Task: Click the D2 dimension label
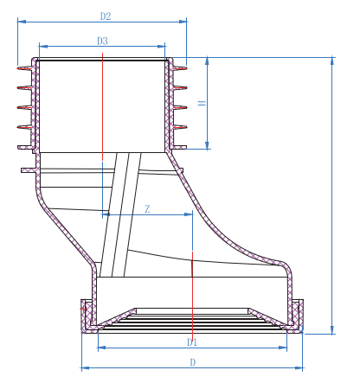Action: [105, 16]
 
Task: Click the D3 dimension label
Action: [102, 41]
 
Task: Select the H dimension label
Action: [201, 103]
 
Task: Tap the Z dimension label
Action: [147, 208]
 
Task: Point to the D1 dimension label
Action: [192, 342]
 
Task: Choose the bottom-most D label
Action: [192, 362]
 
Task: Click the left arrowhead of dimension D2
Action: [20, 22]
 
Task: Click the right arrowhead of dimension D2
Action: [184, 22]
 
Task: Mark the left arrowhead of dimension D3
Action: [42, 47]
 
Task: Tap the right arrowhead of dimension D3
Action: [164, 47]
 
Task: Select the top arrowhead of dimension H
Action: [208, 61]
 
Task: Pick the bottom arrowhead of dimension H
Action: [208, 146]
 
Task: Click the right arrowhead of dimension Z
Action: [190, 214]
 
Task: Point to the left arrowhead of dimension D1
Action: [100, 348]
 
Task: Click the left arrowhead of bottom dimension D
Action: [84, 368]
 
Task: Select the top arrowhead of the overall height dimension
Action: [332, 61]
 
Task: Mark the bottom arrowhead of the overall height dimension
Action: [332, 330]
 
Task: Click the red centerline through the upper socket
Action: [102, 104]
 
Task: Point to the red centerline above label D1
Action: [192, 285]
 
